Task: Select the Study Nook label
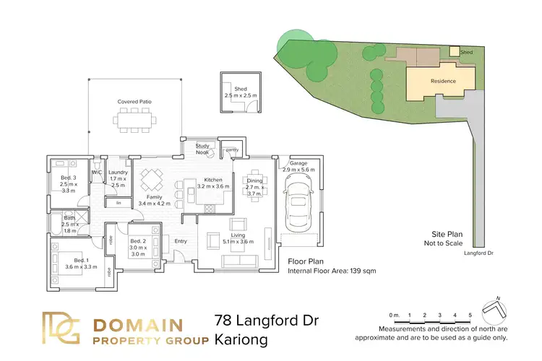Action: tap(203, 149)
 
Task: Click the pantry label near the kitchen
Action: tap(232, 150)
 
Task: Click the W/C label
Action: tap(96, 173)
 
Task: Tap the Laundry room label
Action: tap(118, 173)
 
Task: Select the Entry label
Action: tap(181, 241)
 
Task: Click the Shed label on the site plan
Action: tap(468, 52)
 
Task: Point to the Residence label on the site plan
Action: tap(443, 81)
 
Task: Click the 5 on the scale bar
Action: tap(470, 316)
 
